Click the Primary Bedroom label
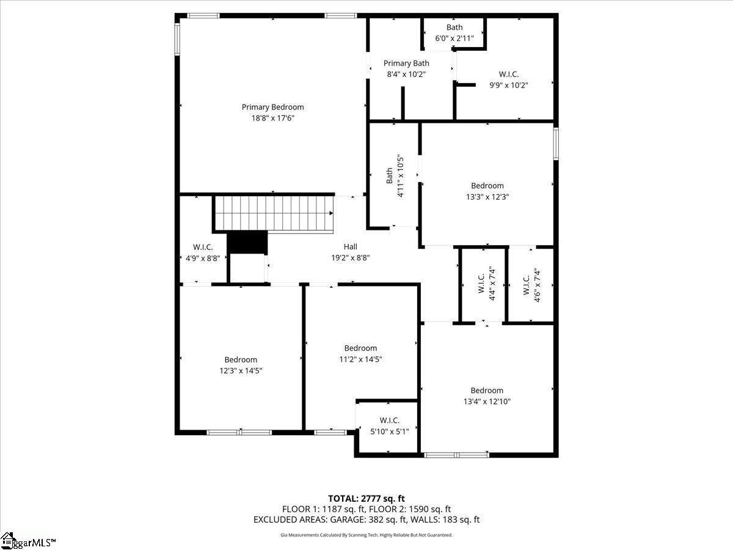point(273,107)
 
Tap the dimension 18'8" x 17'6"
point(273,118)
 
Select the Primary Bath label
point(406,63)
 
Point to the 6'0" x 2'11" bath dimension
point(454,38)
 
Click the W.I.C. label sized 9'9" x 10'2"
point(509,74)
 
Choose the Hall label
point(350,247)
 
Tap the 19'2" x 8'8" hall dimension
point(350,258)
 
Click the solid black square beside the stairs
point(247,243)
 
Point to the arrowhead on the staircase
point(331,213)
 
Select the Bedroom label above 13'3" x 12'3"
point(487,186)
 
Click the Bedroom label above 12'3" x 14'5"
point(241,360)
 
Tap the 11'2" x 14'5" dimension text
point(360,359)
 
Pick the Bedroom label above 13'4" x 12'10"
point(487,391)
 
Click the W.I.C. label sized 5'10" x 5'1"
point(389,420)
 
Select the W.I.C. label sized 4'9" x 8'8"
point(203,248)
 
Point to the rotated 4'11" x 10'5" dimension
point(400,175)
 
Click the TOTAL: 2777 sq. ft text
point(366,499)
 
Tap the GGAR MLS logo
point(27,541)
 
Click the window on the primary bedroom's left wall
point(177,38)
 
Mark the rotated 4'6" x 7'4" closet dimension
point(537,285)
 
